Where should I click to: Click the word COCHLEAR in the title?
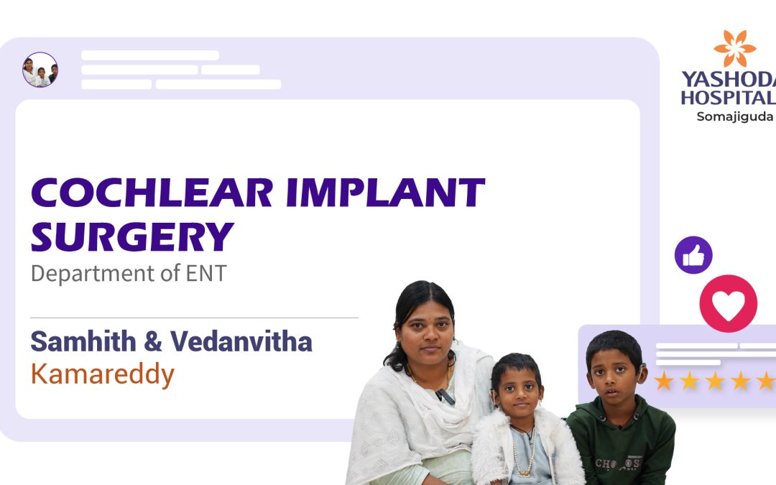[152, 193]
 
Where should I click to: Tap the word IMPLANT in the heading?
[386, 193]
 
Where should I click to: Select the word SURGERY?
[132, 237]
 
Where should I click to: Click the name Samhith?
[83, 341]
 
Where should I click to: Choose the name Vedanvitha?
[241, 341]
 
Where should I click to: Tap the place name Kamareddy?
[103, 374]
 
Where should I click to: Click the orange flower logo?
[734, 48]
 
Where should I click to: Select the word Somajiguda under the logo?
[735, 117]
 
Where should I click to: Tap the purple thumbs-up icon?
[693, 255]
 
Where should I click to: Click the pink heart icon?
[728, 303]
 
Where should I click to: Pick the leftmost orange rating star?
[664, 381]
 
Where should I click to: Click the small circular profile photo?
[40, 70]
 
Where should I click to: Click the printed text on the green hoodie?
[619, 463]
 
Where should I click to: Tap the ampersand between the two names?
[153, 341]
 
